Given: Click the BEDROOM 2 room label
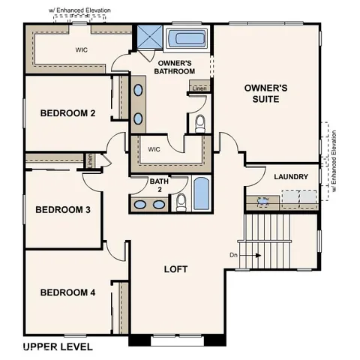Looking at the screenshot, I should click(67, 114).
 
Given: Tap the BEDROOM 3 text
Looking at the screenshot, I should click(63, 209).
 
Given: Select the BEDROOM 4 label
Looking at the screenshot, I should click(67, 292).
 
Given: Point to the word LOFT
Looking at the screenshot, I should click(176, 268).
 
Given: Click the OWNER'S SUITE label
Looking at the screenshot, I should click(266, 94).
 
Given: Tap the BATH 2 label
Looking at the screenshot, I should click(159, 185).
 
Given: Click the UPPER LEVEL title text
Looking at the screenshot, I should click(58, 346).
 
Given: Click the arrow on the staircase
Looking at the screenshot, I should click(253, 255).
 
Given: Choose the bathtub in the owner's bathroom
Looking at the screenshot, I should click(187, 40).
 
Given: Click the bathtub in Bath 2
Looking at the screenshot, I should click(201, 194).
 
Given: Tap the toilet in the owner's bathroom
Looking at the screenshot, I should click(200, 124).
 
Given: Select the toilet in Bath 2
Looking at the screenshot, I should click(181, 201).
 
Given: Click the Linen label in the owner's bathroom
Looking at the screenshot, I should click(199, 88).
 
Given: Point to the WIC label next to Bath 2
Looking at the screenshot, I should click(154, 149).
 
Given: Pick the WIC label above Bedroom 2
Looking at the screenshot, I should click(82, 51).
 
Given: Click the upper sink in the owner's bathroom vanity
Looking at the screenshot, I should click(139, 91).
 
